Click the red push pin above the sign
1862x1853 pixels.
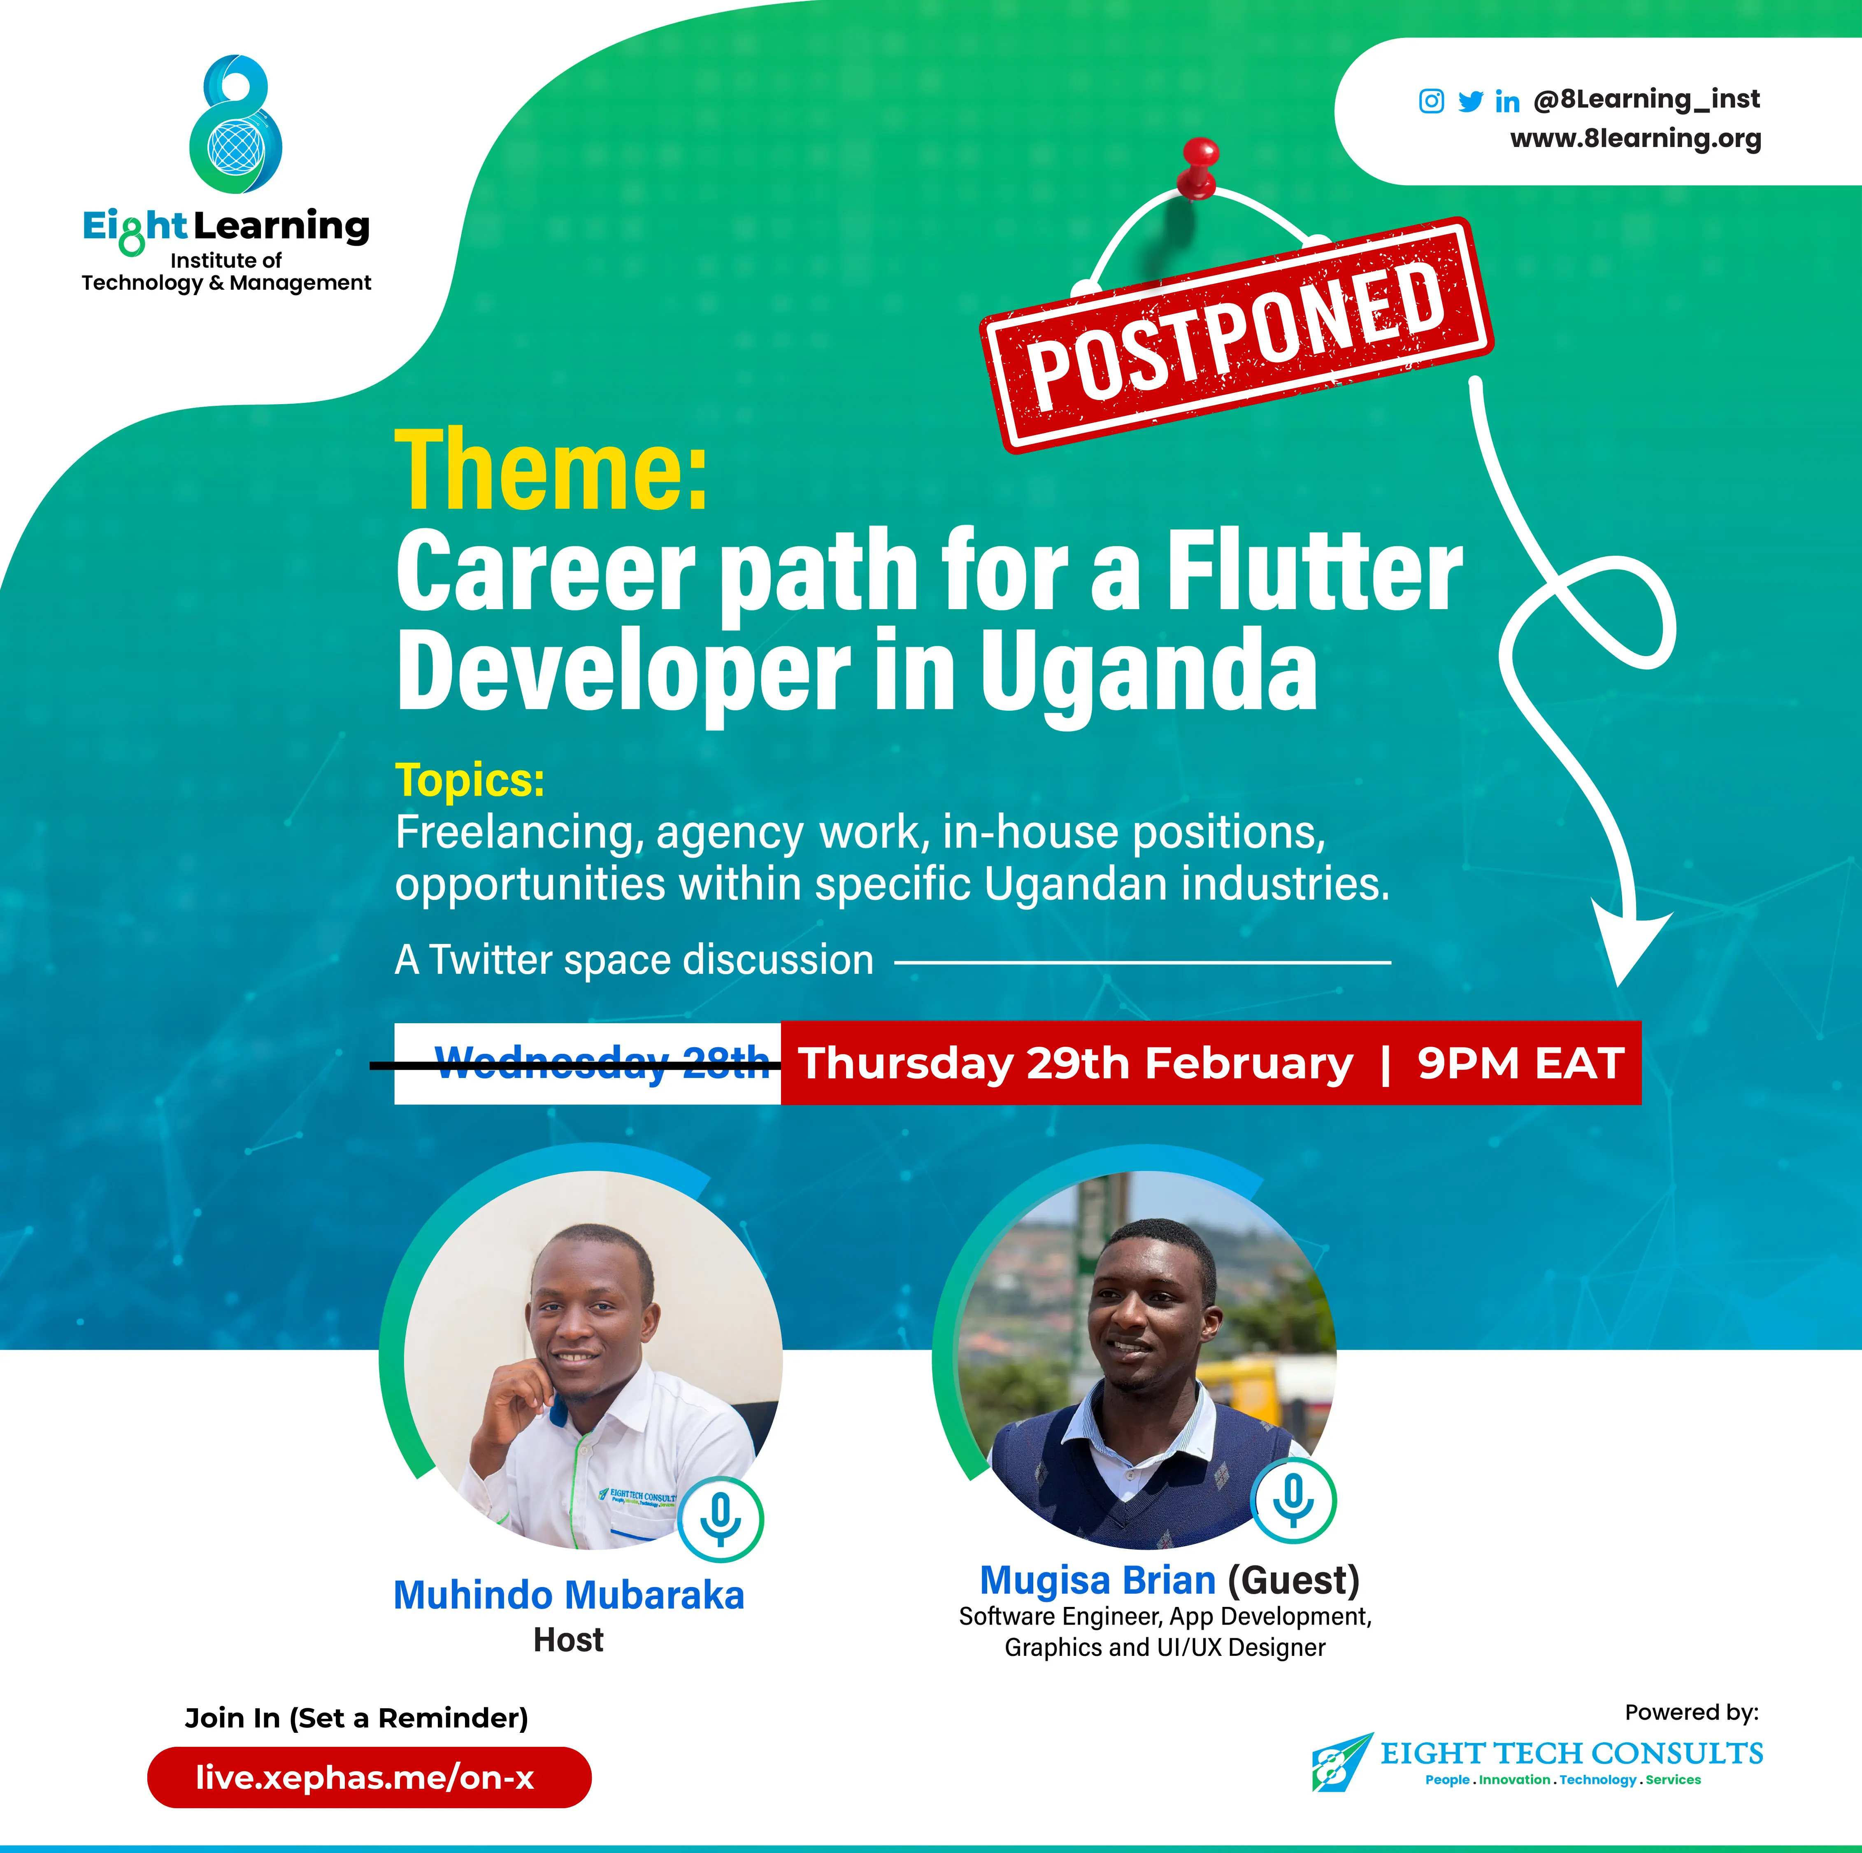pos(1199,166)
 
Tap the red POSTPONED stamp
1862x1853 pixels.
pos(1237,335)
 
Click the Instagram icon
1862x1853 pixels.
pos(1431,101)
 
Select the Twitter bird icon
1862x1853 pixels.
pos(1470,101)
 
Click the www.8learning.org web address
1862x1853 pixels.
pos(1636,139)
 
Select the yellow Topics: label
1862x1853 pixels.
pos(470,780)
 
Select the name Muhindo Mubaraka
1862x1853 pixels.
pos(569,1596)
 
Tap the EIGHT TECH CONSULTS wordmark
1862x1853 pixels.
pos(1571,1753)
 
